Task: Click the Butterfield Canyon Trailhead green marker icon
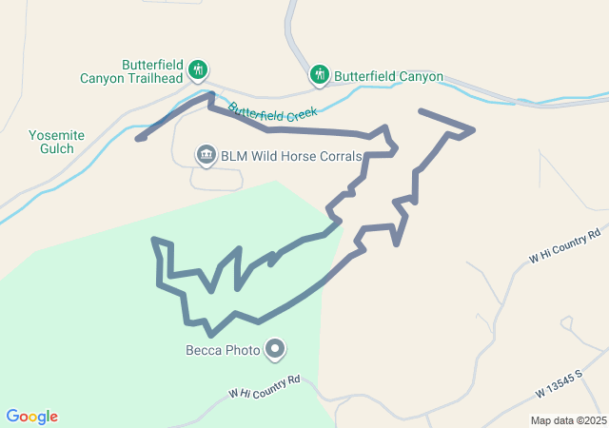(198, 69)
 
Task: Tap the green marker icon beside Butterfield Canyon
(319, 73)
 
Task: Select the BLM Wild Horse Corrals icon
(206, 154)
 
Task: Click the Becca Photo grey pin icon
(276, 350)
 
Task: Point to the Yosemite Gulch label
(57, 143)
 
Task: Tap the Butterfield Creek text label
(271, 111)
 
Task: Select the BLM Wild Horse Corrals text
(291, 155)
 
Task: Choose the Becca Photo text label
(223, 350)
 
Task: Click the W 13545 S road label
(566, 385)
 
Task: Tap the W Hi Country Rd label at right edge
(565, 245)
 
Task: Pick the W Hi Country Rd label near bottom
(265, 386)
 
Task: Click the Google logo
(32, 417)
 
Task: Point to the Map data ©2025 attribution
(568, 420)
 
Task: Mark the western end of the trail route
(139, 139)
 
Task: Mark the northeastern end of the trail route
(421, 111)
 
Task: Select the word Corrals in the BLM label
(339, 155)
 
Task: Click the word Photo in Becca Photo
(243, 350)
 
